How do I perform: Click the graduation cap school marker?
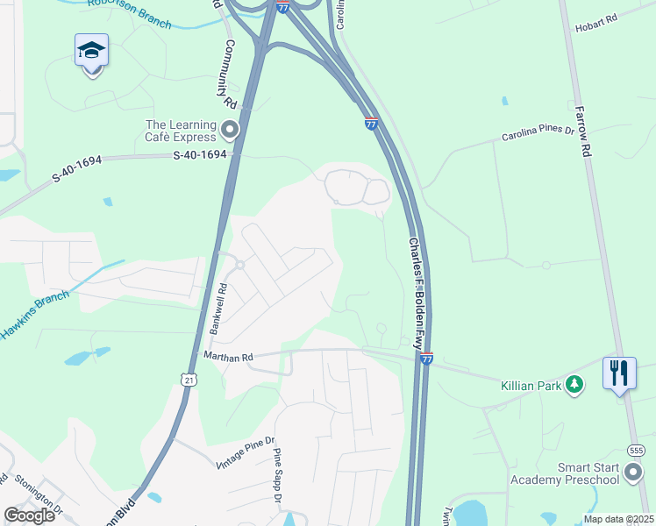91,53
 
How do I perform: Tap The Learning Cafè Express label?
181,131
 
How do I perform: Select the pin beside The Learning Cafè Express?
231,131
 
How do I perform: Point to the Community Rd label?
232,74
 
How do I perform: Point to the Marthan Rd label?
228,357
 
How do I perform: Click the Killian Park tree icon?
574,384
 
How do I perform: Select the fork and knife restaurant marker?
619,373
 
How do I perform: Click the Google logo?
29,515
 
